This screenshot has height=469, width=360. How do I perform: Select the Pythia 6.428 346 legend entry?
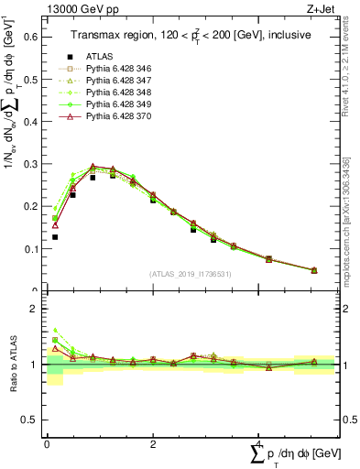click(119, 70)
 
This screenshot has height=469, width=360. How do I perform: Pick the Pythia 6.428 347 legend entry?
click(119, 82)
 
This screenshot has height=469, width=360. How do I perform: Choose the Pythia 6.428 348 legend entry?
click(119, 93)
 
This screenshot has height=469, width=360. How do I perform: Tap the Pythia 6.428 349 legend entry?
click(119, 105)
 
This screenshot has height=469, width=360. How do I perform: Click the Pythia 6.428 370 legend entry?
click(119, 117)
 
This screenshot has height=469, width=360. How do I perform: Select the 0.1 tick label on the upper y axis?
click(29, 249)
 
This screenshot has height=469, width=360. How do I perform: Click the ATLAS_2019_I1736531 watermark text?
click(191, 273)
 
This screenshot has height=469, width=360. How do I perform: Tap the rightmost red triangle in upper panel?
click(314, 270)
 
